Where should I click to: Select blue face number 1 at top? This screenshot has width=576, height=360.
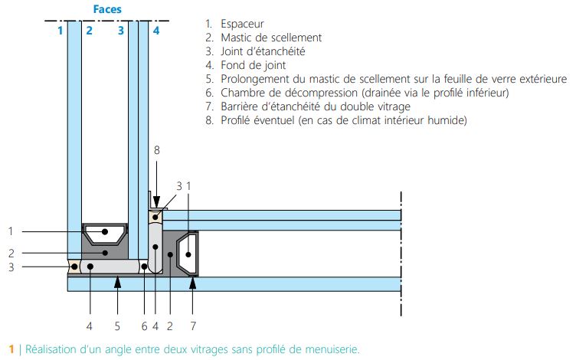point(59,31)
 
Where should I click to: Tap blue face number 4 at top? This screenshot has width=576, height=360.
point(155,31)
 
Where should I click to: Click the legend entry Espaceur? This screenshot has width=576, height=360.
point(244,24)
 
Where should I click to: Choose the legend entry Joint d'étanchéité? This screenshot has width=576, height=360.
point(263,51)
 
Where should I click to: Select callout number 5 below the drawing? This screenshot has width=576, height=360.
point(117,326)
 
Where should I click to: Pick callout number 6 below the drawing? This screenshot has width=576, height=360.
point(142,326)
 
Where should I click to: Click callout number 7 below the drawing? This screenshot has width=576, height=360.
point(193,326)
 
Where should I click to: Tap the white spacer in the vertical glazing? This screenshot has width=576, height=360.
point(105,231)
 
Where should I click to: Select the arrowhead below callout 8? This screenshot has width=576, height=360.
point(156,200)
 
